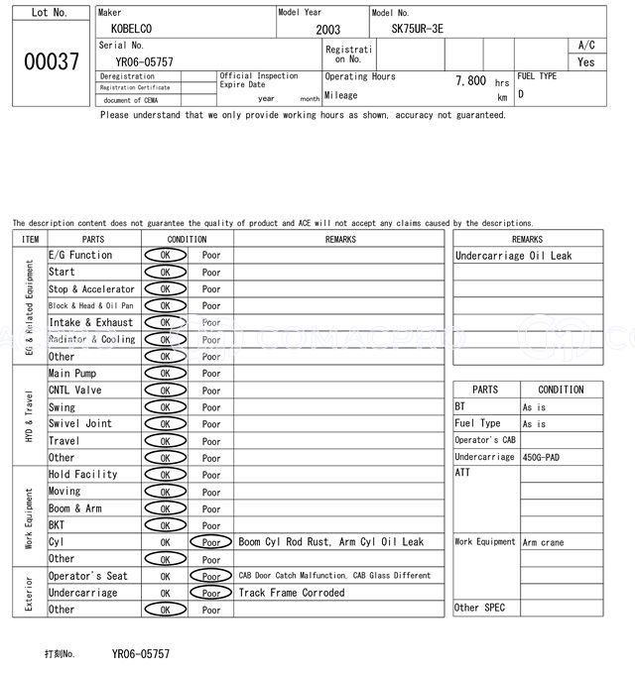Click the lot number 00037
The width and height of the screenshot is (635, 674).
click(51, 61)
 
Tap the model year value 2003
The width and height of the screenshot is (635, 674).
click(327, 30)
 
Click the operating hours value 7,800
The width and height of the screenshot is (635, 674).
click(470, 81)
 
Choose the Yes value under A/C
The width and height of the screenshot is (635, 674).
click(586, 61)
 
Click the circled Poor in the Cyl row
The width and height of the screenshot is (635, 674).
click(211, 542)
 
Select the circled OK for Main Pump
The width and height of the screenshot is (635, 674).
click(165, 374)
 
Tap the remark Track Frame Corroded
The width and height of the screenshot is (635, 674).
click(292, 593)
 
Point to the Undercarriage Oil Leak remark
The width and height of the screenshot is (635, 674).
click(513, 256)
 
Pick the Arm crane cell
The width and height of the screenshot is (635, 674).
click(544, 542)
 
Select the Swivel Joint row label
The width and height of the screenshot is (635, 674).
click(80, 423)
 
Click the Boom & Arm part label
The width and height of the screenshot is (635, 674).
click(75, 508)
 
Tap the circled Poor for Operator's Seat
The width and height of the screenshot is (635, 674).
click(211, 576)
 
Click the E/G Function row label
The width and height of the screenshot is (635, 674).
click(80, 255)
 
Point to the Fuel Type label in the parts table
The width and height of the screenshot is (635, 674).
click(477, 423)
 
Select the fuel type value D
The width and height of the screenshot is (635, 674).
click(521, 95)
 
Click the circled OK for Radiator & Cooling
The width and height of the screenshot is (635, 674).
click(165, 340)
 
